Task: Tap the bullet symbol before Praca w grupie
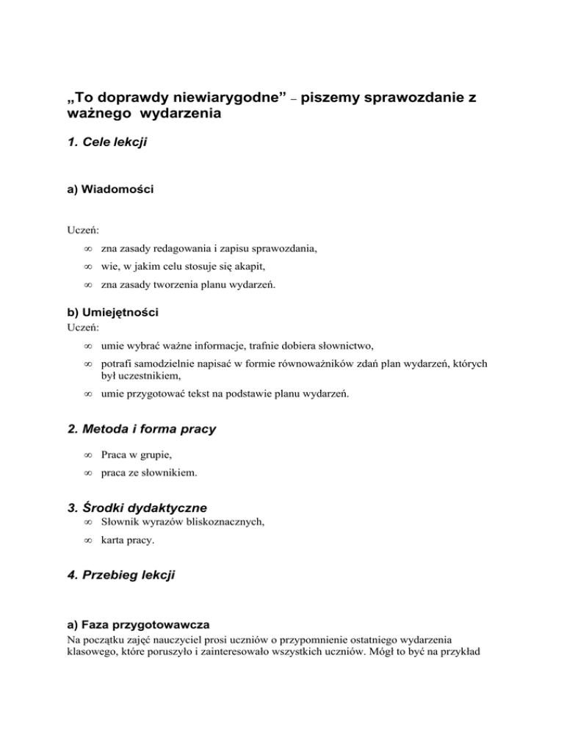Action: pyautogui.click(x=86, y=456)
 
